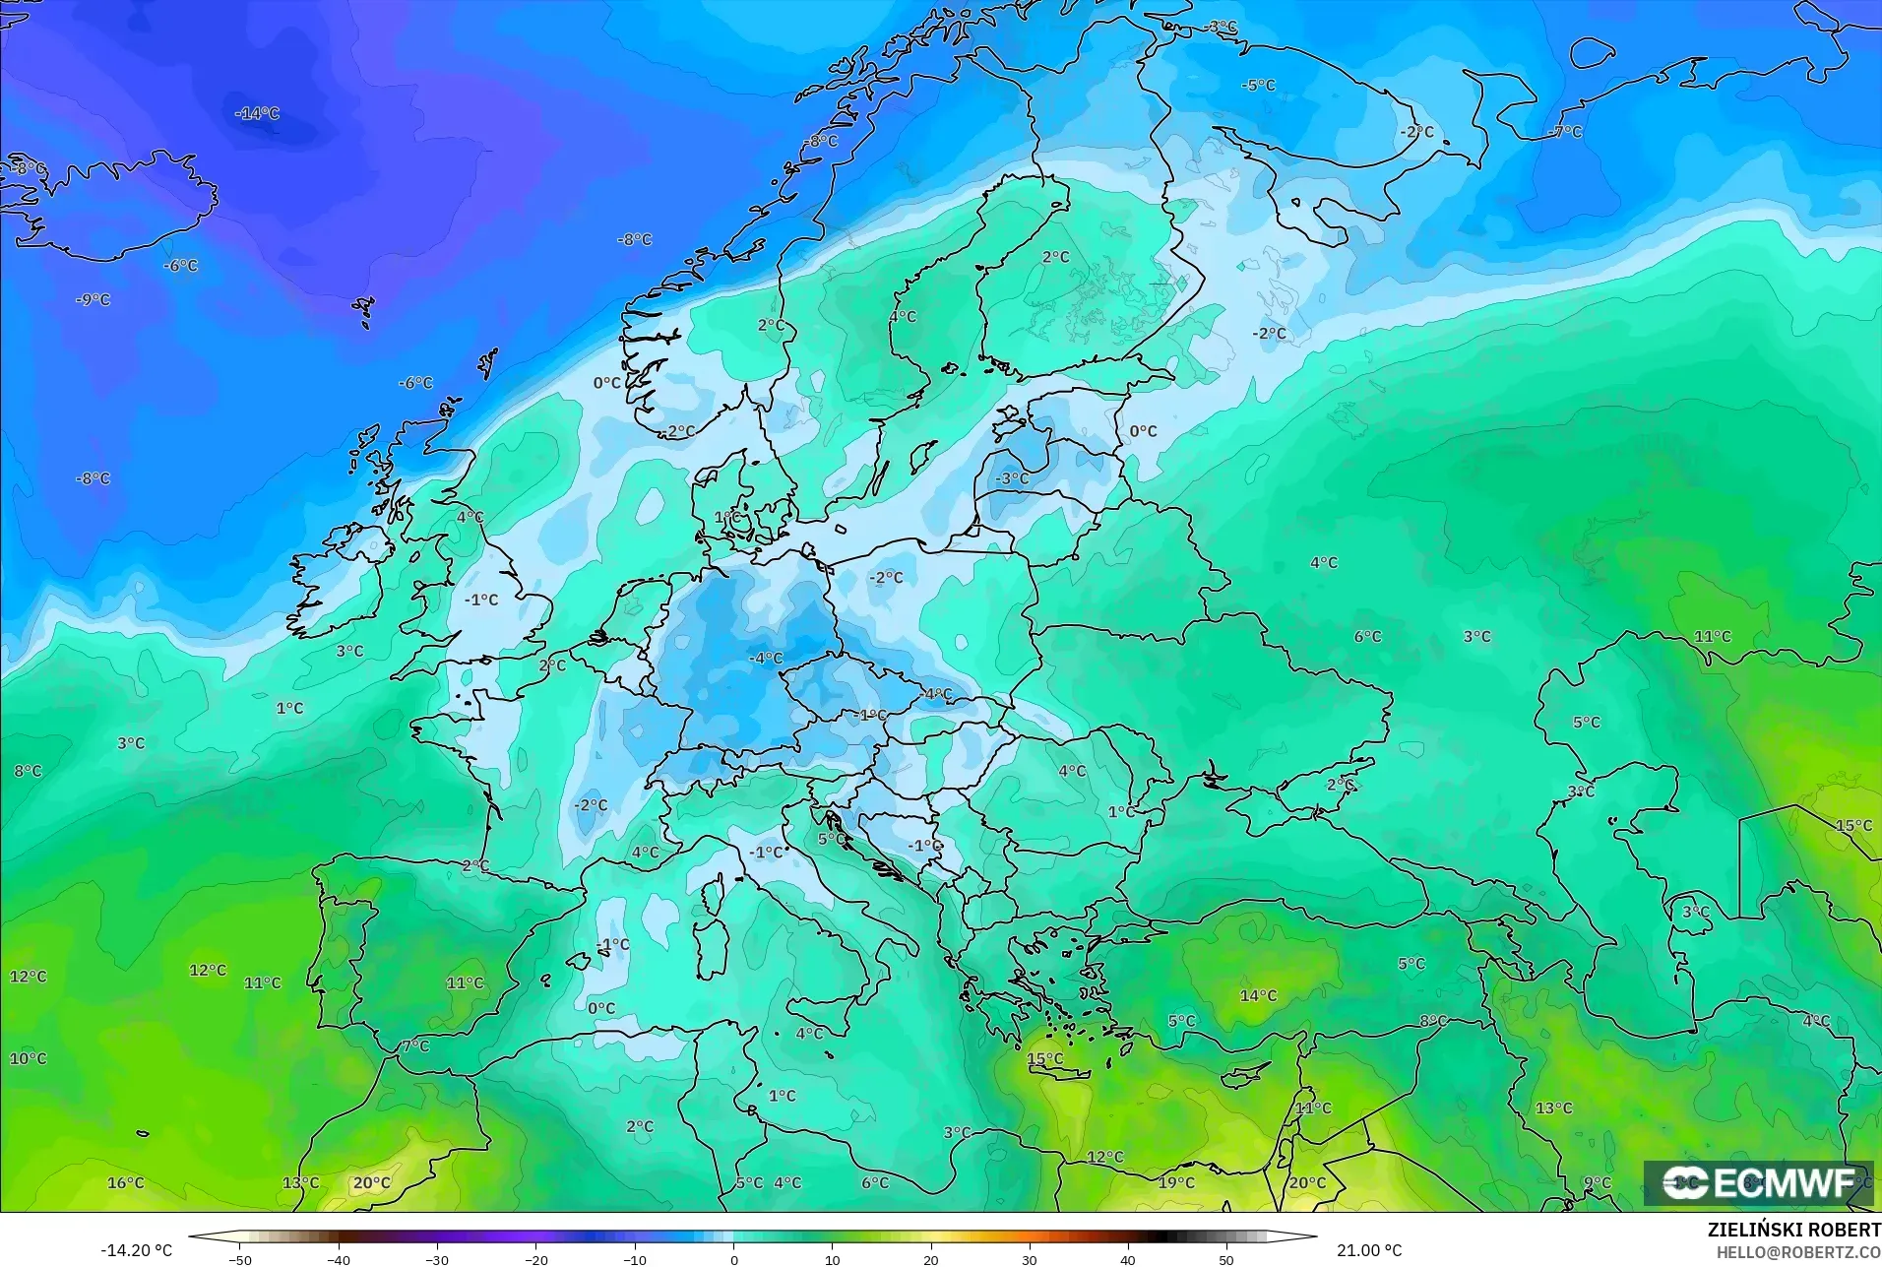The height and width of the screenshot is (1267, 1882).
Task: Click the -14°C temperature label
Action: pyautogui.click(x=257, y=114)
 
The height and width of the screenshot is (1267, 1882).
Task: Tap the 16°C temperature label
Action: pyautogui.click(x=126, y=1182)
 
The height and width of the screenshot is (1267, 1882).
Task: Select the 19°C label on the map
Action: pyautogui.click(x=1176, y=1182)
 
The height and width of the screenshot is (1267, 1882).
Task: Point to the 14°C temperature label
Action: pyautogui.click(x=1258, y=995)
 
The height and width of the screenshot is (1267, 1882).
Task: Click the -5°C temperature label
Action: pyautogui.click(x=1258, y=86)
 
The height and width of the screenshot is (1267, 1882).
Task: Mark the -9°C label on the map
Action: pyautogui.click(x=94, y=299)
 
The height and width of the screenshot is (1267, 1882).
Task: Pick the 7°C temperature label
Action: pyautogui.click(x=415, y=1045)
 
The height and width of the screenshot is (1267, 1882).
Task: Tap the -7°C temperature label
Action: pyautogui.click(x=1565, y=132)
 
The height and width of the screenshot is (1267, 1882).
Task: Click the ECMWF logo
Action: pyautogui.click(x=1758, y=1182)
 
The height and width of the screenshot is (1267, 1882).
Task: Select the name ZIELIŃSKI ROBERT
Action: pyautogui.click(x=1793, y=1231)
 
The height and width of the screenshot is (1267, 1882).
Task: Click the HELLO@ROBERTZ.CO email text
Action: pyautogui.click(x=1798, y=1252)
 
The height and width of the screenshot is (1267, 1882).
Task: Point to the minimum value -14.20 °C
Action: pyautogui.click(x=136, y=1250)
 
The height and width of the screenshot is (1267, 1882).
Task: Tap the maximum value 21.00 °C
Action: pyautogui.click(x=1368, y=1250)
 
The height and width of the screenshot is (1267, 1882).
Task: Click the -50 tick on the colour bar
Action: pyautogui.click(x=240, y=1259)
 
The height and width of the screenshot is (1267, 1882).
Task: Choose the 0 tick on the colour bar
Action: pyautogui.click(x=733, y=1259)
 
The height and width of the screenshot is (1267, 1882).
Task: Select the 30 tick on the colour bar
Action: pyautogui.click(x=1030, y=1259)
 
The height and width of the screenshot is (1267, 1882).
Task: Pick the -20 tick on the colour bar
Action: pyautogui.click(x=536, y=1259)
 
